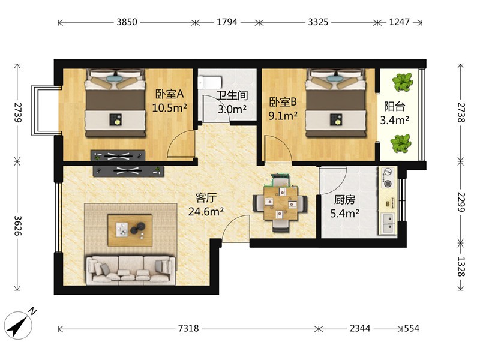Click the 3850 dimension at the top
[x=127, y=22]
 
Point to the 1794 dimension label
[x=227, y=22]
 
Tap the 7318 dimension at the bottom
[x=188, y=328]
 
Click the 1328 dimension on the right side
[x=461, y=266]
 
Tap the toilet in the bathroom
[x=209, y=82]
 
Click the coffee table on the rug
[x=130, y=230]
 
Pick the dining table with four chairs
[x=280, y=203]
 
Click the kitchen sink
[x=388, y=223]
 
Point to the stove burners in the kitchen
[x=387, y=178]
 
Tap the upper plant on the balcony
[x=402, y=82]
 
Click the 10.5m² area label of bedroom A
[x=169, y=108]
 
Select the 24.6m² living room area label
[x=206, y=212]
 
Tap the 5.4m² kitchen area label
[x=344, y=213]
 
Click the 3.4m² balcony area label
[x=395, y=120]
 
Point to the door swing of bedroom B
[x=278, y=148]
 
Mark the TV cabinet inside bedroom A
[x=118, y=155]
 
